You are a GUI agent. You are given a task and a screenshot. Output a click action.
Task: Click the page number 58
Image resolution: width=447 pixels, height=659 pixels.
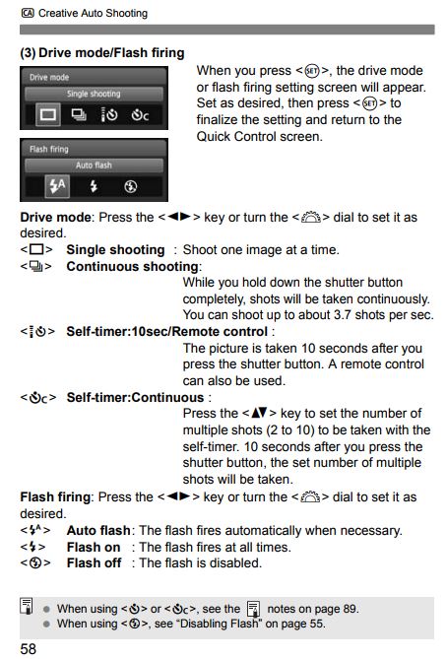pos(29,648)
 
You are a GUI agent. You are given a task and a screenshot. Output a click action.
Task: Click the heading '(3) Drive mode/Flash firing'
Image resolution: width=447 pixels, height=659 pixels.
pos(102,51)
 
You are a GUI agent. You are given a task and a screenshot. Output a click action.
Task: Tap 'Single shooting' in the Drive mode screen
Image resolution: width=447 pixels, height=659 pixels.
pos(94,94)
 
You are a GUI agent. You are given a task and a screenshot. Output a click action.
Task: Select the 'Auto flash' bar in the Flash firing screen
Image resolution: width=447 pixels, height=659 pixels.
pos(94,165)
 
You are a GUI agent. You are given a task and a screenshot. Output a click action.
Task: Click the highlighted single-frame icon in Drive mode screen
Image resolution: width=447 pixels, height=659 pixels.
pos(45,115)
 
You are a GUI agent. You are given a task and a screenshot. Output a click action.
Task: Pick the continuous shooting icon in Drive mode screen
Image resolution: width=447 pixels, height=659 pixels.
pos(80,115)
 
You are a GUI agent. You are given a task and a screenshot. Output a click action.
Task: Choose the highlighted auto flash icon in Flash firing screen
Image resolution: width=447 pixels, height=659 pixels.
pos(57,186)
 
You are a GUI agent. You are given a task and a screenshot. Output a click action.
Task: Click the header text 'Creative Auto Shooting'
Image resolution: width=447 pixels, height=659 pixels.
pos(94,13)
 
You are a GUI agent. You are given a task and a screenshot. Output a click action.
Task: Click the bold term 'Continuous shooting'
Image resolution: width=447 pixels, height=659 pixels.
pos(132,266)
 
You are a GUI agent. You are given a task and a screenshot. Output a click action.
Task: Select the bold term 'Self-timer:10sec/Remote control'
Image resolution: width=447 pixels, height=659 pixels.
pos(166,332)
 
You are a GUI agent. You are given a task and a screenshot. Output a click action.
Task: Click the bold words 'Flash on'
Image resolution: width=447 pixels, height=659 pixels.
pos(94,547)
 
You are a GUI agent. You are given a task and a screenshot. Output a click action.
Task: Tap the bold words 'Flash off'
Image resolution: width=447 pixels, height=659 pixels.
pos(95,563)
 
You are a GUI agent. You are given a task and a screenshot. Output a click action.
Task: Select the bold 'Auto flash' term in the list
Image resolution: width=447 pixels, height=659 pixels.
pos(98,530)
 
